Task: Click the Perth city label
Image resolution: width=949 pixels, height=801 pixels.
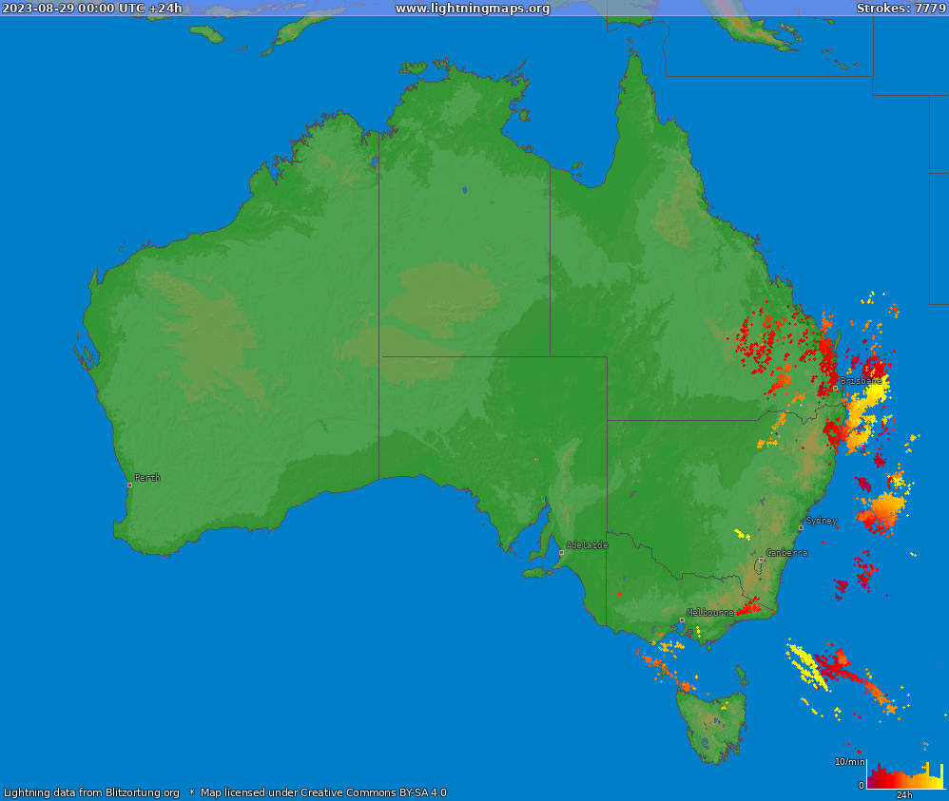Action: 147,478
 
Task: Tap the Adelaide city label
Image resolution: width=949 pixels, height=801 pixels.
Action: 587,545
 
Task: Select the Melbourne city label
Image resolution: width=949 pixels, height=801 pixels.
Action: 710,613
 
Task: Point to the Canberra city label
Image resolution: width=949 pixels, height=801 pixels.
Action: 786,552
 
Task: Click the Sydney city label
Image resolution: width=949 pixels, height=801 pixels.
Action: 821,521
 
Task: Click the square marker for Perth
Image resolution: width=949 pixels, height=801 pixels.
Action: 130,485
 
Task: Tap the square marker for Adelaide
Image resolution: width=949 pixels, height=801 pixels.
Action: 561,552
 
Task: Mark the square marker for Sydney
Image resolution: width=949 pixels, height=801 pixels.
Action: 801,527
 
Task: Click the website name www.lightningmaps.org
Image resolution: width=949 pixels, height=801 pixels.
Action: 473,9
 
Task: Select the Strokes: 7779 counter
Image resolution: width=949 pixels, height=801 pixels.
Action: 901,9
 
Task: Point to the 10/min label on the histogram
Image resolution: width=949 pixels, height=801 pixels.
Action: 850,762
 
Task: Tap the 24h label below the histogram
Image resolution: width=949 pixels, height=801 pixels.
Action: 903,795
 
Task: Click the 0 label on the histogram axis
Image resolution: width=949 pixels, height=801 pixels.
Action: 862,785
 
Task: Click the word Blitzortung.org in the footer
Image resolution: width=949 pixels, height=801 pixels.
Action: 143,792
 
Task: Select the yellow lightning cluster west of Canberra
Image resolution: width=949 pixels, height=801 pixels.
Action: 742,534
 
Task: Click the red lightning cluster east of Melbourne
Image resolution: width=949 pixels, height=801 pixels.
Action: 749,607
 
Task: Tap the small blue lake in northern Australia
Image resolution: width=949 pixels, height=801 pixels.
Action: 465,190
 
